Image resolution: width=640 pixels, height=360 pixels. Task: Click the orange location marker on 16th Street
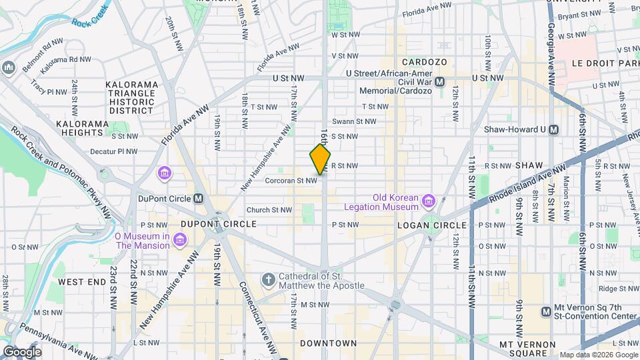click(321, 159)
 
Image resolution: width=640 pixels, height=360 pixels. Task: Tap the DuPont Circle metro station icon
click(198, 199)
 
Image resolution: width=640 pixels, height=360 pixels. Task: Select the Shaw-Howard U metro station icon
click(553, 130)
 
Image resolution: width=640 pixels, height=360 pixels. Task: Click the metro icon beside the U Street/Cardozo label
click(440, 82)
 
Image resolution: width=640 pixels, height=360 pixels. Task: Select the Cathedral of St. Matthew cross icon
click(268, 279)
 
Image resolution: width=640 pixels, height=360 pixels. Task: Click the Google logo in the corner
click(22, 351)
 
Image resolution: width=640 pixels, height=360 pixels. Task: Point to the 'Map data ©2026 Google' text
click(598, 355)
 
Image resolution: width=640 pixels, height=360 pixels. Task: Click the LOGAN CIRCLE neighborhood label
click(426, 225)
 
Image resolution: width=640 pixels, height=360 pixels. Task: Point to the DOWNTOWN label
click(328, 343)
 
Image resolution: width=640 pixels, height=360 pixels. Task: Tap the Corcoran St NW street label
click(290, 180)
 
